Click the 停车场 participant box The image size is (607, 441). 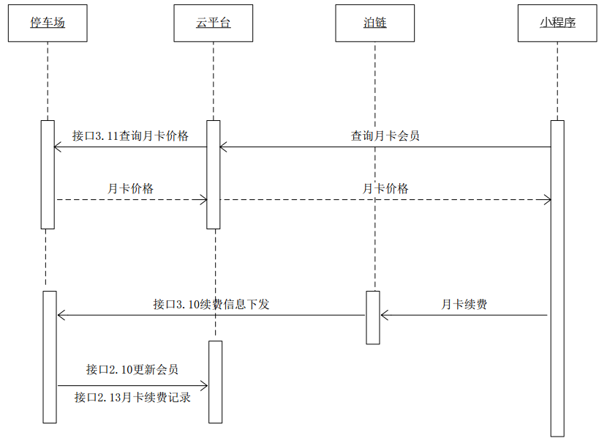click(x=48, y=23)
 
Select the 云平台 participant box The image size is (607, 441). click(x=214, y=23)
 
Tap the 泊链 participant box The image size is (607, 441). click(x=374, y=23)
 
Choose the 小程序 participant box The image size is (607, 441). click(x=557, y=23)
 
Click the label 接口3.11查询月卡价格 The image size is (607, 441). click(x=130, y=136)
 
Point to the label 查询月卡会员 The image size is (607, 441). click(x=385, y=136)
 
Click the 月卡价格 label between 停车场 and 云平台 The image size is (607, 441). click(x=130, y=188)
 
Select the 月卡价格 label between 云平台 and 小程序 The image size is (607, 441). click(x=385, y=188)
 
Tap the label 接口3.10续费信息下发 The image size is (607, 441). click(x=211, y=304)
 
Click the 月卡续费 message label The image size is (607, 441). click(x=464, y=304)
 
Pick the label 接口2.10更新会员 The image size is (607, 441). click(x=132, y=369)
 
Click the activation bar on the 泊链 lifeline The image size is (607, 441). click(x=373, y=317)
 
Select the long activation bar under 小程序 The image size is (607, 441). click(x=557, y=278)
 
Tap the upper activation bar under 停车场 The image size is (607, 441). click(x=48, y=174)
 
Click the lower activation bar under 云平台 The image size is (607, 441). click(x=215, y=382)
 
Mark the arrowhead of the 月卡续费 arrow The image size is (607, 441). click(x=383, y=315)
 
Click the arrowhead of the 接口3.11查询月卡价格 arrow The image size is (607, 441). click(x=57, y=147)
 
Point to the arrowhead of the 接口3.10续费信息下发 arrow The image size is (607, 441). click(x=60, y=315)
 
